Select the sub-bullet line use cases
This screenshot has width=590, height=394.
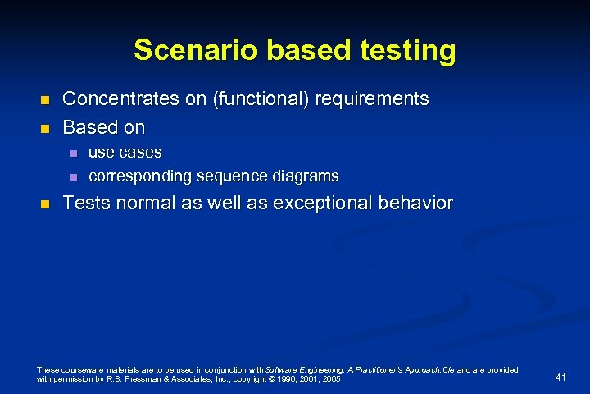[x=125, y=153]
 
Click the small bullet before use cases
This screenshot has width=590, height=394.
[x=73, y=153]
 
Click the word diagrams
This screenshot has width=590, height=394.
[x=308, y=176]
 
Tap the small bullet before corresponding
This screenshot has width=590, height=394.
[x=73, y=177]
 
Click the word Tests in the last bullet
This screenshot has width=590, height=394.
[x=87, y=203]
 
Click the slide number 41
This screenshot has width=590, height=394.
[x=560, y=377]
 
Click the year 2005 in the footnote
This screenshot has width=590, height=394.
[x=332, y=381]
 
